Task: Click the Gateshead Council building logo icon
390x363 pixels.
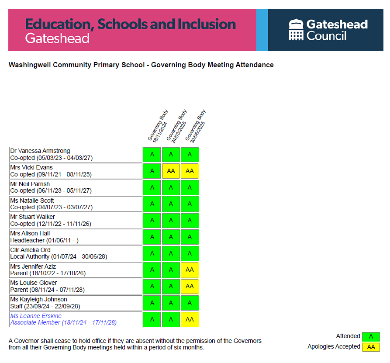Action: coord(296,30)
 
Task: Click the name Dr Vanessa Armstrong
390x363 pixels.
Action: coord(40,151)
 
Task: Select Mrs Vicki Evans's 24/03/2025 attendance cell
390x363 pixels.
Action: coord(171,171)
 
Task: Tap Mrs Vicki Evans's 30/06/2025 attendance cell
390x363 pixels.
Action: coord(190,171)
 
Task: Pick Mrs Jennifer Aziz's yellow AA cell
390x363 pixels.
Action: coord(190,270)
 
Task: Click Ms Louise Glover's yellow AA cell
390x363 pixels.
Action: coord(190,286)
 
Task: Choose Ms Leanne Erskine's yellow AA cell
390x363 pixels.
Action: coord(190,319)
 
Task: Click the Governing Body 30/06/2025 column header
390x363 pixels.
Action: coord(195,126)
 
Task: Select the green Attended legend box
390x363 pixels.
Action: coord(371,336)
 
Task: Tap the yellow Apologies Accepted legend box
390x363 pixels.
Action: coord(371,347)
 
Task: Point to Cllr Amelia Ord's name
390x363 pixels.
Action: coord(31,250)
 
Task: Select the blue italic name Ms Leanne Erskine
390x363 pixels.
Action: coord(36,316)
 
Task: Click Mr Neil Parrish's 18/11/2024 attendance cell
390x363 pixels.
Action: coord(152,187)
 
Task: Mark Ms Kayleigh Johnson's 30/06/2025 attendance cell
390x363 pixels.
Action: coord(190,303)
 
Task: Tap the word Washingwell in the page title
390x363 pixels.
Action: coord(28,65)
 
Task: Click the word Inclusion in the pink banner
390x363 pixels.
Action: coord(206,24)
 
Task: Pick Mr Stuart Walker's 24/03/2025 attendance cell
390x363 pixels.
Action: coord(171,220)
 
